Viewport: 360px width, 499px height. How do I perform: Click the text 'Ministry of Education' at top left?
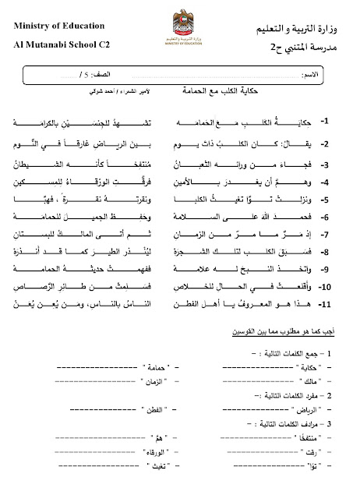55,29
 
